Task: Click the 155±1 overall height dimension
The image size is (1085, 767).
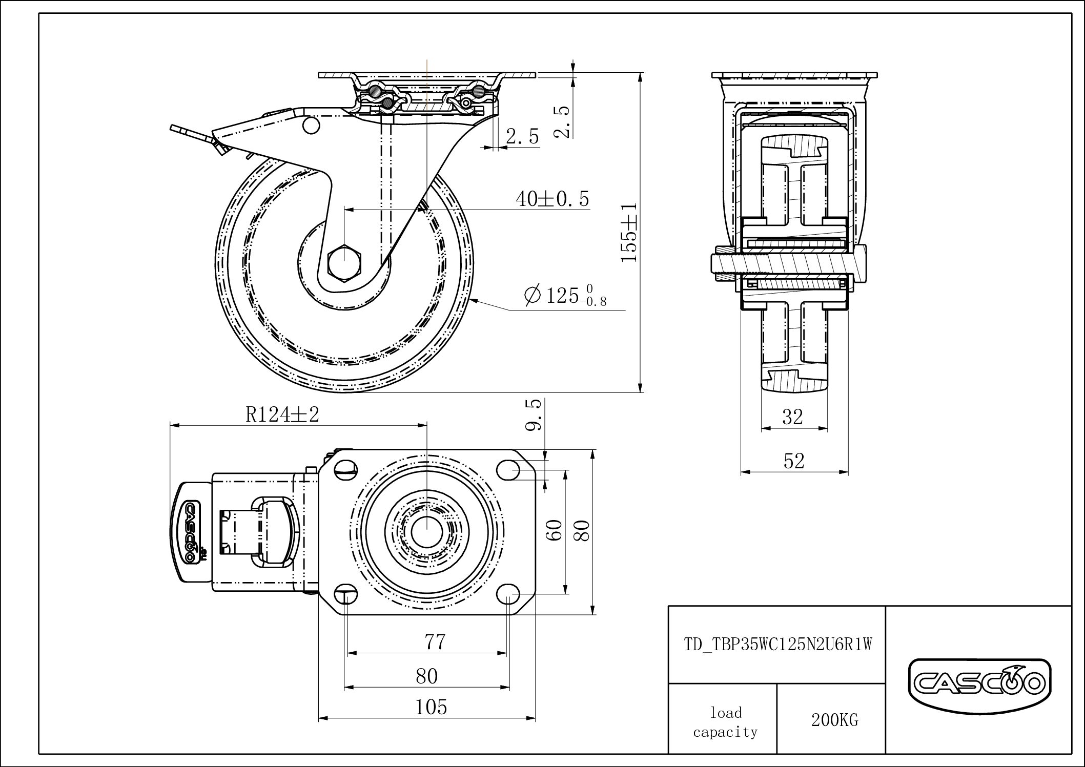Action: coord(629,232)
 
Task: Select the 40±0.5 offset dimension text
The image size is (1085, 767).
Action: coord(552,199)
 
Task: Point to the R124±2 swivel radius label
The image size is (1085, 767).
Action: coord(282,414)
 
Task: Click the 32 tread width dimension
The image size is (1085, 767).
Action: coord(792,417)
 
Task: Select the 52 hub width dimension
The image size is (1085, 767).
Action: coord(794,461)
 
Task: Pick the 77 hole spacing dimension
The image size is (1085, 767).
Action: coord(435,641)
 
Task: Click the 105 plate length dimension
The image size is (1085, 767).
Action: coord(431,707)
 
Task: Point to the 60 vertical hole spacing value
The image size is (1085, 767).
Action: coord(555,530)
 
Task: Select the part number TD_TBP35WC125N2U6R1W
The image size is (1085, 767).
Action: coord(777,644)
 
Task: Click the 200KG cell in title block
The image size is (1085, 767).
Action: coord(834,720)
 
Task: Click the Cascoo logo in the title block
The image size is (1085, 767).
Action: coord(979,683)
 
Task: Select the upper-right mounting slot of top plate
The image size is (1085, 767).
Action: coord(508,468)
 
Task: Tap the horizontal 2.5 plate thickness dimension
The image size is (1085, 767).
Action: coord(522,136)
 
